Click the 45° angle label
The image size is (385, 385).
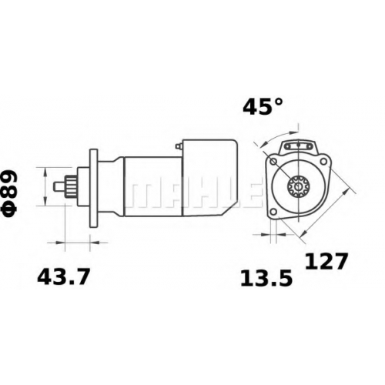263,107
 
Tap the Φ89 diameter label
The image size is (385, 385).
10,193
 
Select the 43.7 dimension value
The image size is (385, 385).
64,277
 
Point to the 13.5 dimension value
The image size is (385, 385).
266,279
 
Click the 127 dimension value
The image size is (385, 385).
326,262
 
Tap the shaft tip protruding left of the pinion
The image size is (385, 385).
59,186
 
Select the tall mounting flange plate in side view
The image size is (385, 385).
94,189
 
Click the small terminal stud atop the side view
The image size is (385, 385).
178,146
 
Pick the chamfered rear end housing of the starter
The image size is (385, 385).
209,178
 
